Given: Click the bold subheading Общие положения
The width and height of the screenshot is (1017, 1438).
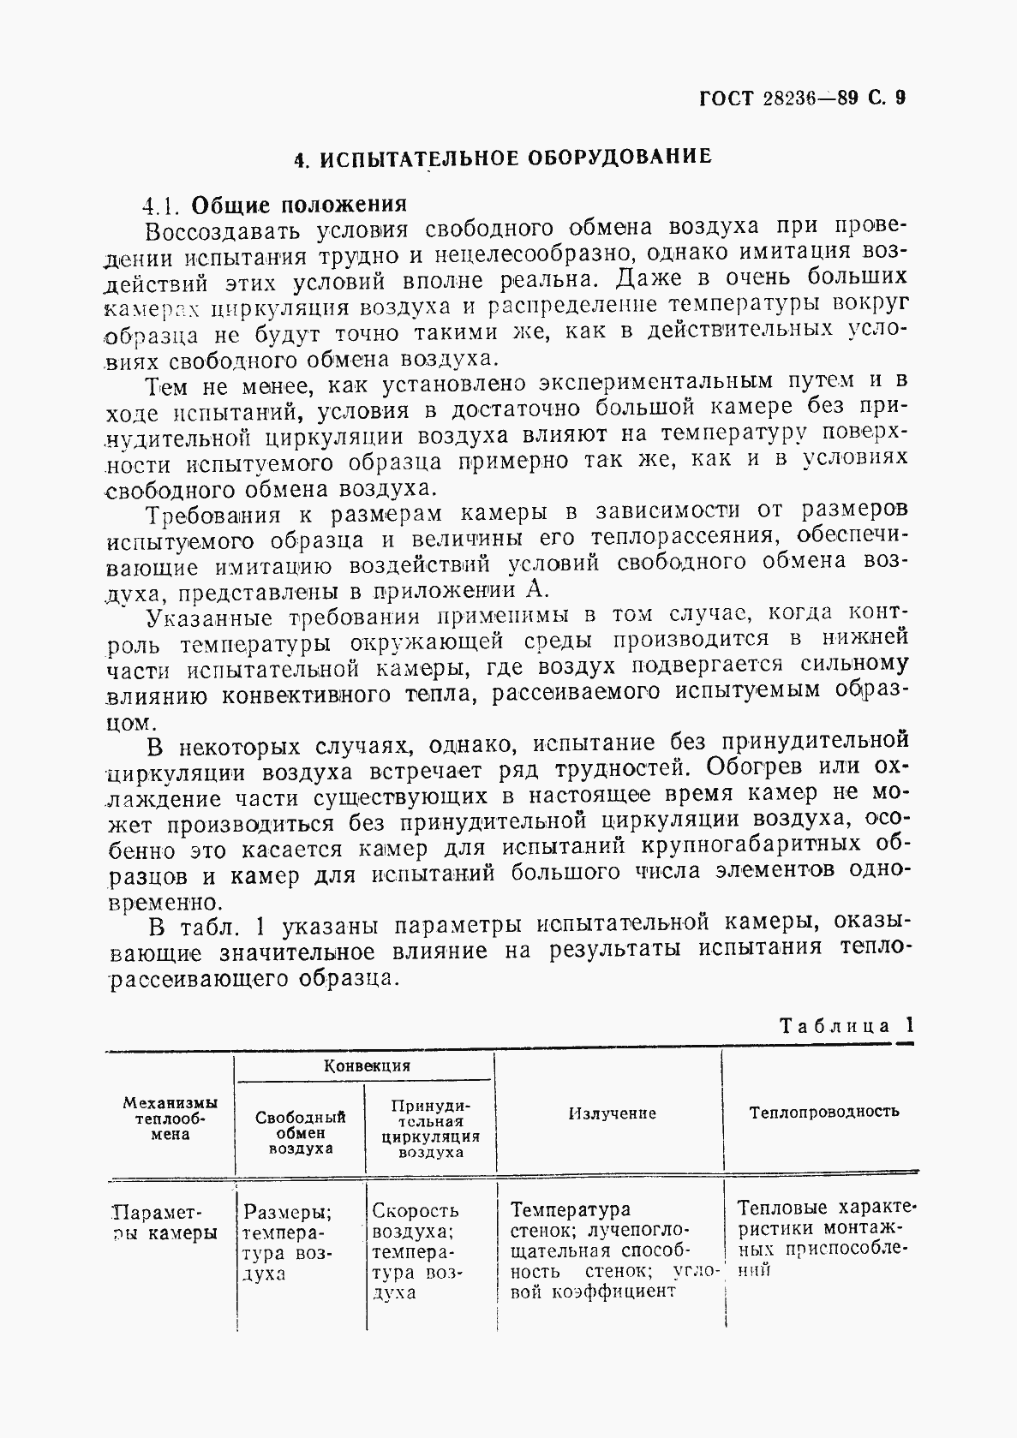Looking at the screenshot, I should click(298, 206).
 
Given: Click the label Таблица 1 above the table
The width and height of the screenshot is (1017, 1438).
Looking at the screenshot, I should click(846, 1026).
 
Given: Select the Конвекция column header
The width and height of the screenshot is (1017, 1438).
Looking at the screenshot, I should click(366, 1066).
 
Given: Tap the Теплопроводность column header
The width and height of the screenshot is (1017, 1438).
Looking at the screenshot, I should click(823, 1113).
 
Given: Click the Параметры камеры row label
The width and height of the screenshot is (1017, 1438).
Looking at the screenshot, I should click(166, 1223).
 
